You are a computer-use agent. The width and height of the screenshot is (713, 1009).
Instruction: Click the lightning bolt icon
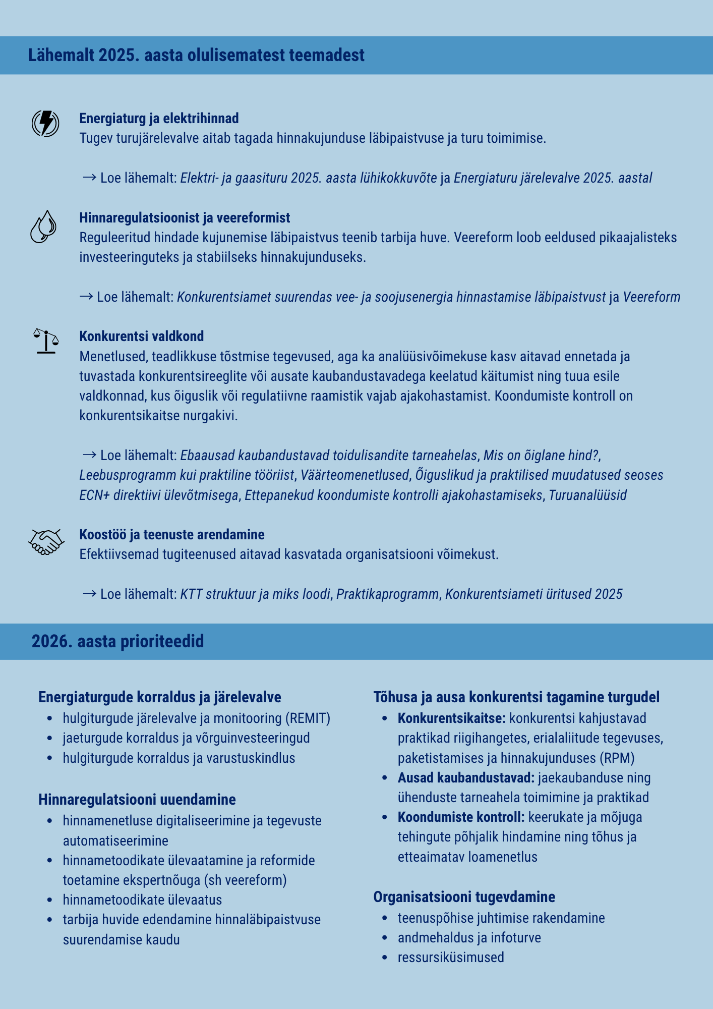[45, 123]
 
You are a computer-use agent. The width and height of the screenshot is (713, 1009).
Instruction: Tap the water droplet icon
[43, 227]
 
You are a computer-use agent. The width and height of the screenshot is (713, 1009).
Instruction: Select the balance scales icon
[46, 341]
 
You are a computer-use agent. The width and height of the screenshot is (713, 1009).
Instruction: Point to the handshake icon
[46, 542]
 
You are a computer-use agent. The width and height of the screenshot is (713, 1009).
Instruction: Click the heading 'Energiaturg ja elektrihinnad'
[159, 119]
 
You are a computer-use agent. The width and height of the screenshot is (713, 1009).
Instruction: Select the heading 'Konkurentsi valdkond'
[141, 337]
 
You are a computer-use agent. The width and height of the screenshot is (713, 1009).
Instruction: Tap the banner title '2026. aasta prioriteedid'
[117, 641]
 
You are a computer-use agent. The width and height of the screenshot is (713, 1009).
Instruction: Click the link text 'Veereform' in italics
[651, 297]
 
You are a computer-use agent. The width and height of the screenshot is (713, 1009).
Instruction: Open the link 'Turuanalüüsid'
[587, 495]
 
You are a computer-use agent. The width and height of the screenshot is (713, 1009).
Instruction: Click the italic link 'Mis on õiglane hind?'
[541, 456]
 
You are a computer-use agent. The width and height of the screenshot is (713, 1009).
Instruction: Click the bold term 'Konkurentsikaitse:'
[451, 718]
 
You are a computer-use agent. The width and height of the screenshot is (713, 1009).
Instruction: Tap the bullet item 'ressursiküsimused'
[450, 958]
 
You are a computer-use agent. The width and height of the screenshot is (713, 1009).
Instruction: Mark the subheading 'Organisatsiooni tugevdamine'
[464, 897]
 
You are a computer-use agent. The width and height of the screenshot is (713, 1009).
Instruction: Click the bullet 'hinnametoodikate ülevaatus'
[142, 900]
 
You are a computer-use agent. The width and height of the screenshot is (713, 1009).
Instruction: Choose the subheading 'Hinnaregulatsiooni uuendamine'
[137, 800]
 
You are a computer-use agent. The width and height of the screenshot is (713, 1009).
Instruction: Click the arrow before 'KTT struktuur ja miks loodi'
[89, 594]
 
